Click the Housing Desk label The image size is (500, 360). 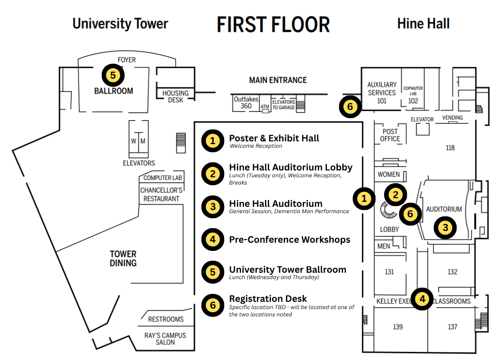tap(175, 97)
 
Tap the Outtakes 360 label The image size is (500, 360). tap(246, 103)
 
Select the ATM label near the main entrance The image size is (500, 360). tap(265, 107)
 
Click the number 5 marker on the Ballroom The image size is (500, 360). tap(113, 75)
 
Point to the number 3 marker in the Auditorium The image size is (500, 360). tap(445, 228)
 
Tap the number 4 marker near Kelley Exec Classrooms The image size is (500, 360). tap(422, 299)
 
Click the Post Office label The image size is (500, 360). tap(390, 135)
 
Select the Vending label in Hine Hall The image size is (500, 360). tap(452, 118)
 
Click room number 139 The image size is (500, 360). tap(398, 327)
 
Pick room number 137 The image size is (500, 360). tap(452, 327)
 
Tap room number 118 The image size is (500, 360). tap(450, 148)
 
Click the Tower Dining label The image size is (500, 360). tap(123, 259)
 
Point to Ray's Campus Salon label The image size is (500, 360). tap(165, 339)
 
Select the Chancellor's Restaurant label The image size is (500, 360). tap(161, 195)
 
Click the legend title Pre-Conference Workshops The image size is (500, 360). tap(290, 240)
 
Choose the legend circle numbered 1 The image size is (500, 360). tap(213, 140)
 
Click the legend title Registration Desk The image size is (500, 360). tap(268, 299)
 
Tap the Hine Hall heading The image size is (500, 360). tap(424, 24)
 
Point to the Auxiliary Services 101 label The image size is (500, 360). tap(382, 93)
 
